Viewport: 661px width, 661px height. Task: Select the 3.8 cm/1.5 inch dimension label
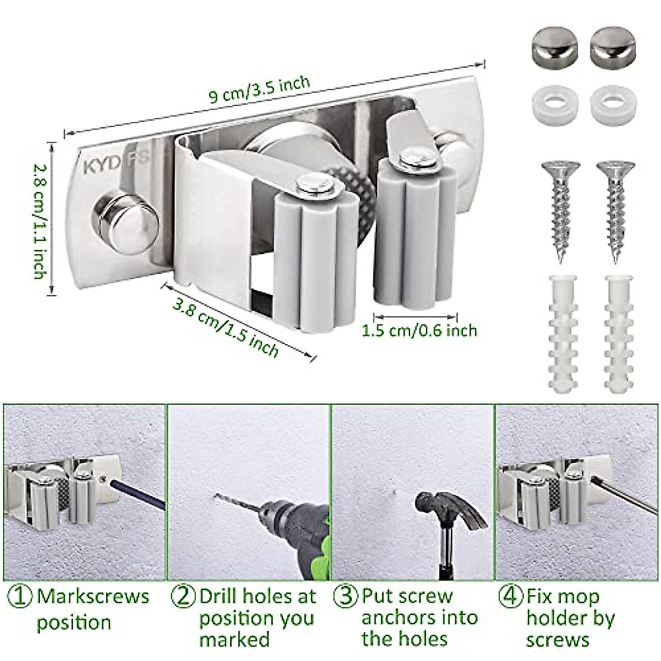coord(225,327)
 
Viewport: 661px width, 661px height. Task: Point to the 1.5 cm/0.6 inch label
coord(419,330)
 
